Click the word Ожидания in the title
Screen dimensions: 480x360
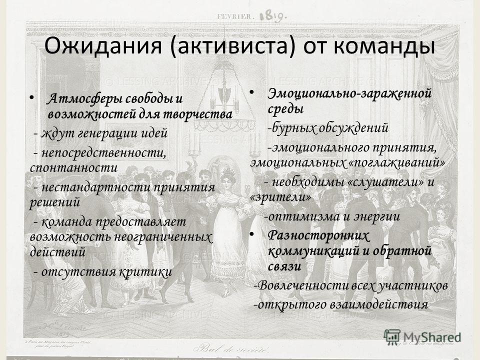pyautogui.click(x=103, y=46)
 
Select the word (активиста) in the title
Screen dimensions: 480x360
pyautogui.click(x=232, y=46)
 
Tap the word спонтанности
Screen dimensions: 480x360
pyautogui.click(x=74, y=168)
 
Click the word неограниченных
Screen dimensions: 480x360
pyautogui.click(x=162, y=237)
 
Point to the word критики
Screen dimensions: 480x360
pyautogui.click(x=145, y=272)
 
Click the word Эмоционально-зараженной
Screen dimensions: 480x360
pyautogui.click(x=349, y=93)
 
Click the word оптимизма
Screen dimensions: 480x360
pyautogui.click(x=303, y=216)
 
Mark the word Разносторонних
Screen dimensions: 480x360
pyautogui.click(x=318, y=236)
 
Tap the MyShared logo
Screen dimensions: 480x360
pyautogui.click(x=422, y=337)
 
